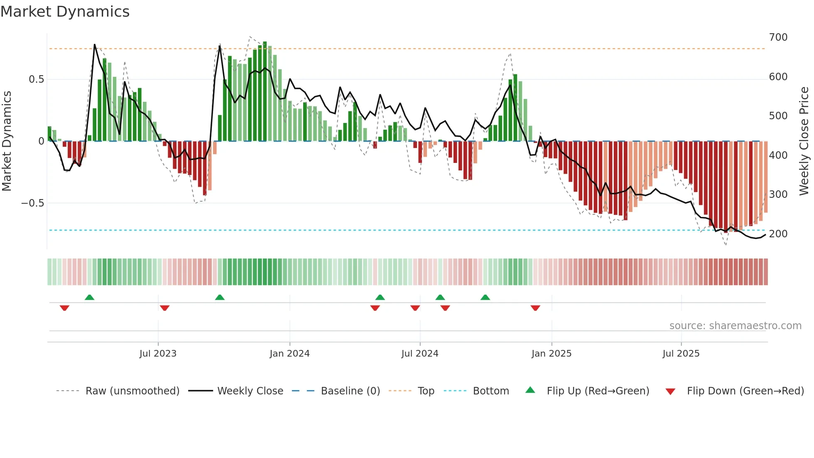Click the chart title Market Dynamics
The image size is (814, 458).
click(x=65, y=12)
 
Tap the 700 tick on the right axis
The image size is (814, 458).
click(x=778, y=37)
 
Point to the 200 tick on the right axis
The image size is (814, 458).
click(x=778, y=234)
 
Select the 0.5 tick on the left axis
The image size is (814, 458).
click(x=36, y=79)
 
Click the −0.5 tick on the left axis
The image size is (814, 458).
click(x=33, y=203)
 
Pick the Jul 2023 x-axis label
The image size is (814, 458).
click(x=158, y=354)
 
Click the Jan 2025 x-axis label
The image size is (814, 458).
click(x=551, y=354)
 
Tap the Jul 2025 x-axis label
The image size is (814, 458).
click(x=681, y=354)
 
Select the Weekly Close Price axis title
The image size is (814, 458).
click(x=804, y=141)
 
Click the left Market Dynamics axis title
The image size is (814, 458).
click(x=7, y=141)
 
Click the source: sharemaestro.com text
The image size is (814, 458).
click(x=735, y=326)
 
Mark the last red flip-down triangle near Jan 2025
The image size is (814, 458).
click(x=535, y=308)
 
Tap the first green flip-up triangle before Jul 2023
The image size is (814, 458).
click(x=89, y=297)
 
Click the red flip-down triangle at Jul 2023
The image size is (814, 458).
click(x=164, y=308)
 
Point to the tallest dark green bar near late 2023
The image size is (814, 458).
click(x=265, y=91)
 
